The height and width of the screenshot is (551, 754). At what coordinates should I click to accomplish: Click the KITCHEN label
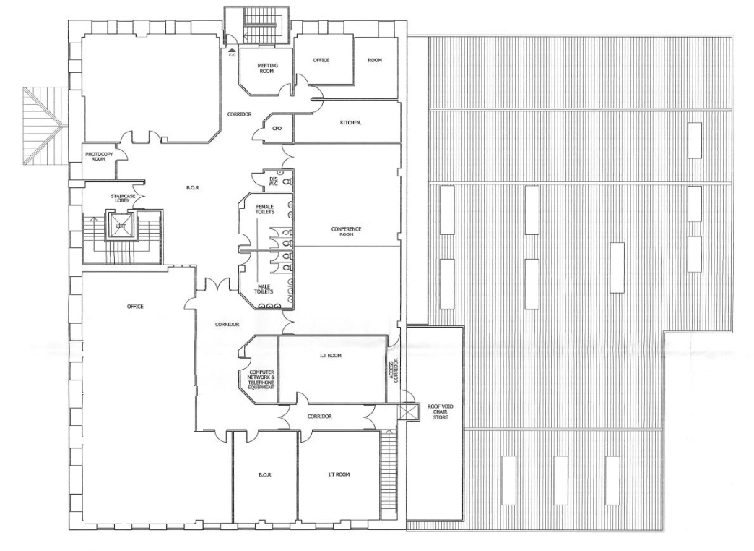pyautogui.click(x=351, y=123)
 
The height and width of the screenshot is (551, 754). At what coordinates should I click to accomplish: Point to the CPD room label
pyautogui.click(x=277, y=128)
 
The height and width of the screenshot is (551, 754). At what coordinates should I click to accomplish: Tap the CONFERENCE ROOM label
pyautogui.click(x=346, y=231)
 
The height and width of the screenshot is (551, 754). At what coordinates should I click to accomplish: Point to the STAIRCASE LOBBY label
pyautogui.click(x=120, y=199)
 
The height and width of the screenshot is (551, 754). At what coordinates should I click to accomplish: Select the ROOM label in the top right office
pyautogui.click(x=375, y=60)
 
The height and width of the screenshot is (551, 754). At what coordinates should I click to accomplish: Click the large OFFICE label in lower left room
pyautogui.click(x=135, y=307)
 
